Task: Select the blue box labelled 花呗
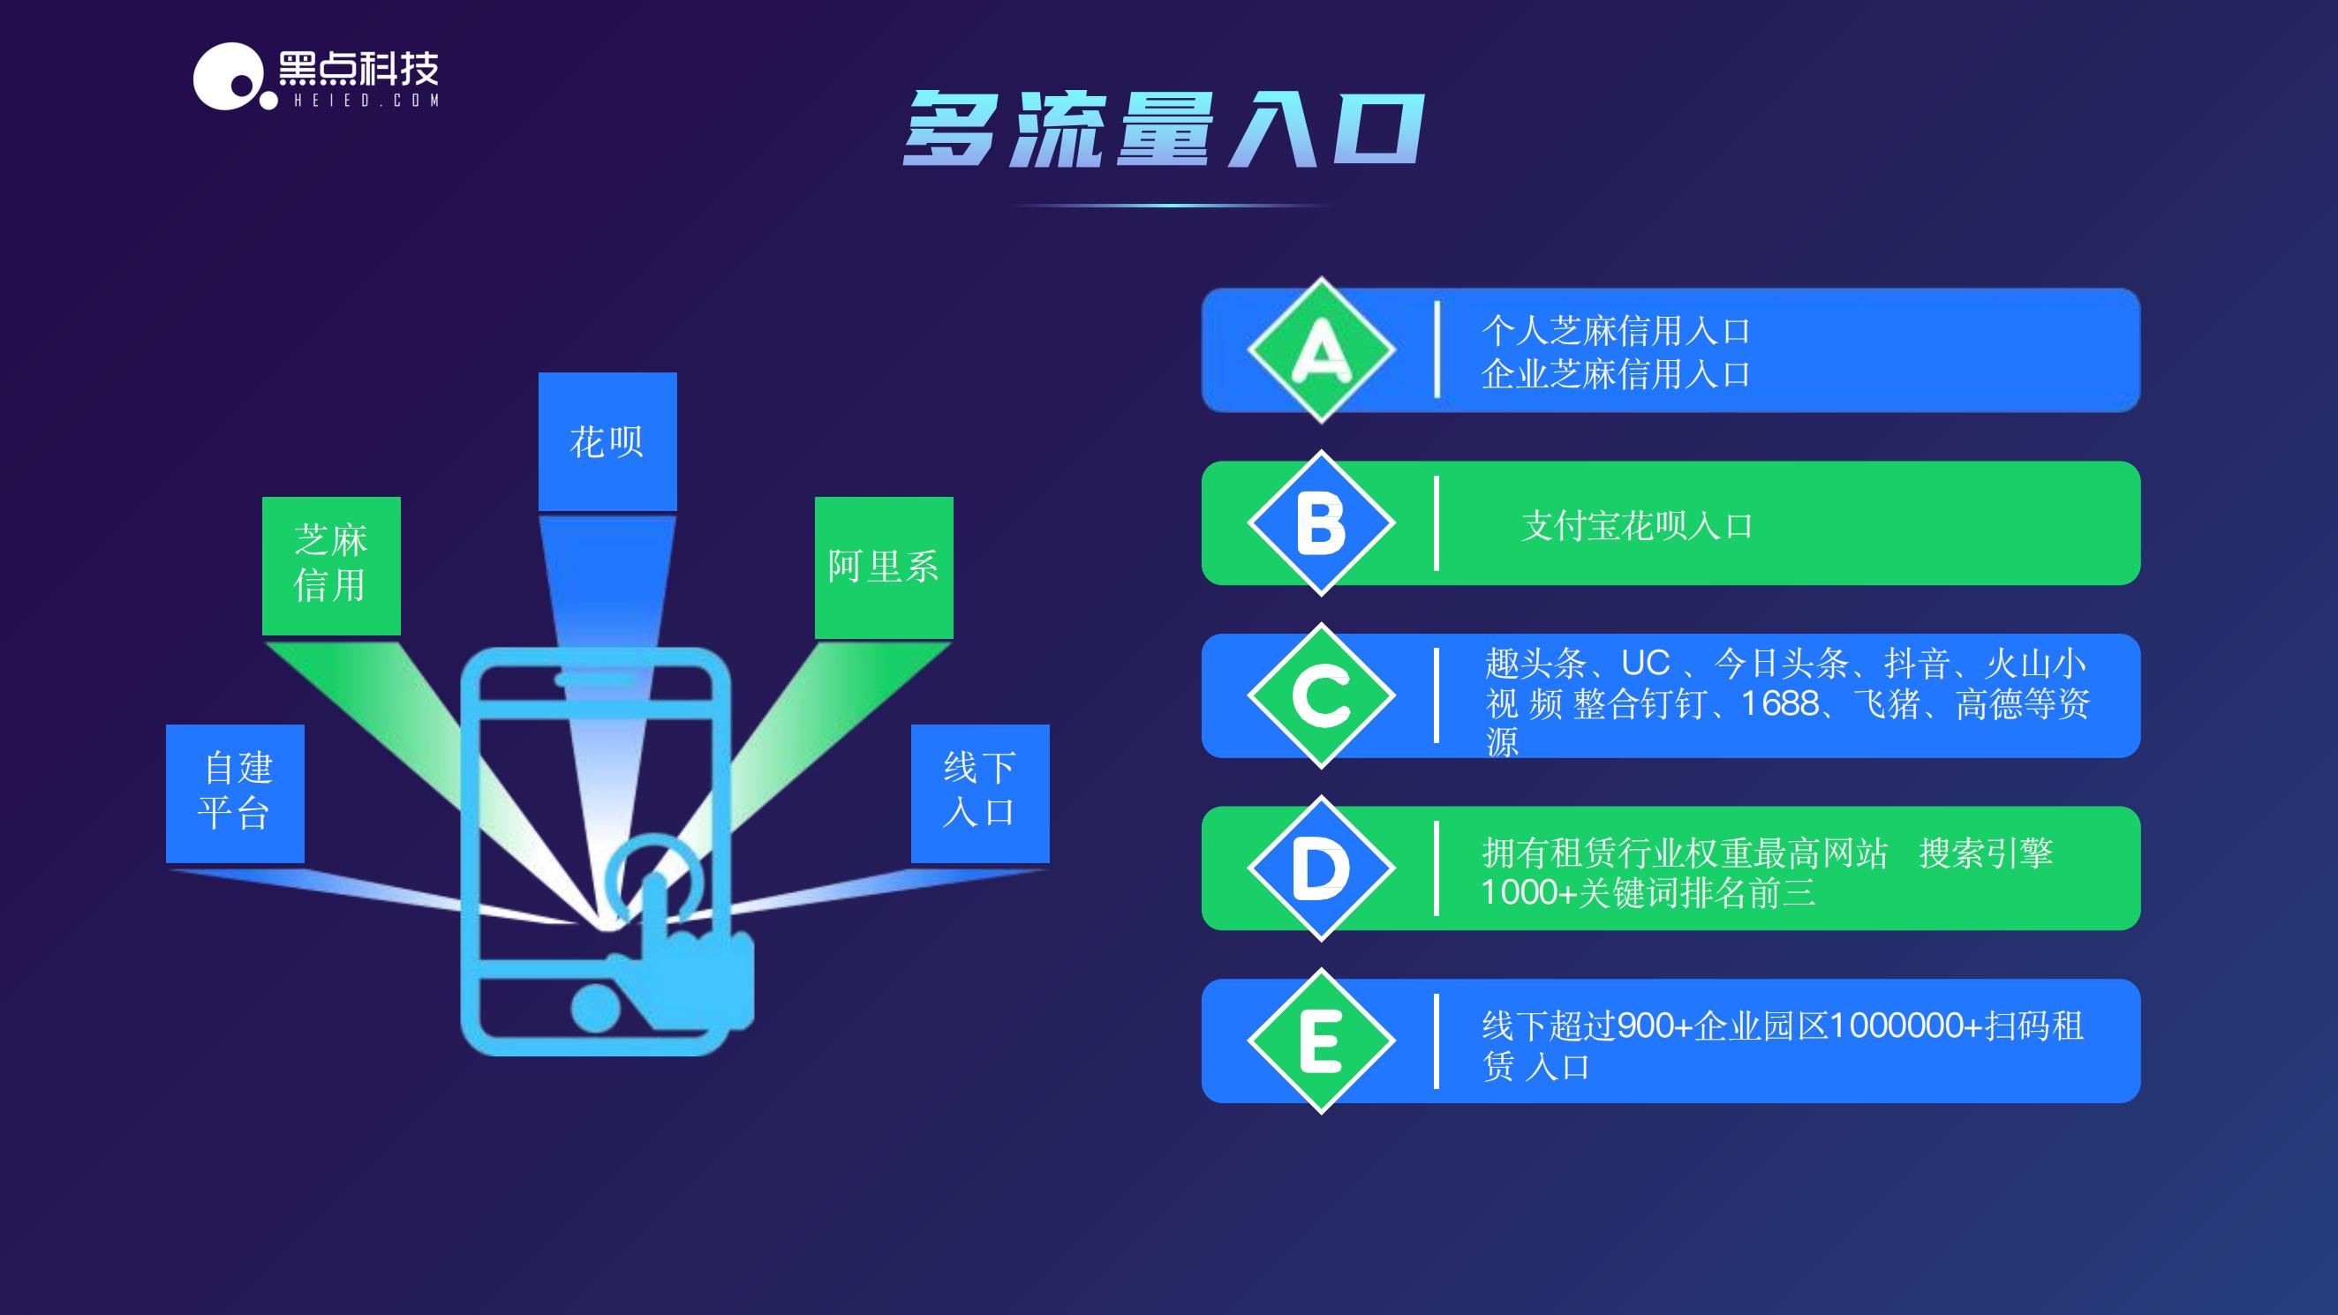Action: (x=607, y=441)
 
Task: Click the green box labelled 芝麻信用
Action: (x=331, y=565)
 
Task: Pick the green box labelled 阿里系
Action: (x=883, y=567)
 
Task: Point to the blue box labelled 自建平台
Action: (x=235, y=793)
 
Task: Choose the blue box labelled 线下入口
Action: (x=979, y=793)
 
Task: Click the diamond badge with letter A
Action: (x=1321, y=350)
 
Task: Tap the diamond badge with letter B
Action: (x=1321, y=522)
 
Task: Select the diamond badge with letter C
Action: (x=1321, y=696)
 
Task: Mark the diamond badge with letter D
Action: (x=1321, y=868)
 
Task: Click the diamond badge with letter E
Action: (x=1321, y=1041)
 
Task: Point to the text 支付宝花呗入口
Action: (x=1636, y=525)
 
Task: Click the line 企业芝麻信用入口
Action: (x=1616, y=374)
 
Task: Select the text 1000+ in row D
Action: (x=1528, y=893)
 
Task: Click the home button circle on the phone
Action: (x=595, y=1007)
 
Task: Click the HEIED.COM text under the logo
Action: (x=366, y=101)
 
